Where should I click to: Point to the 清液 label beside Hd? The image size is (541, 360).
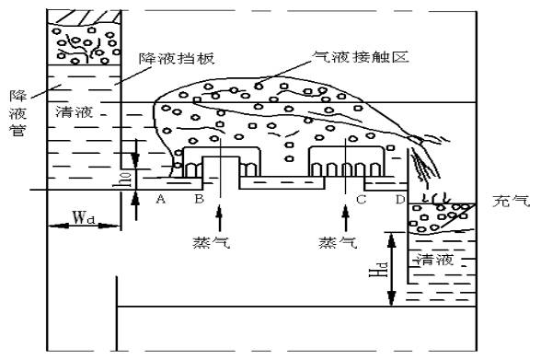tap(432, 260)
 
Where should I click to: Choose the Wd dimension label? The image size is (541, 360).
tap(83, 219)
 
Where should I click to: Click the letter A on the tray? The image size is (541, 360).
tap(162, 199)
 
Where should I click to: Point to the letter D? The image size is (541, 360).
tap(399, 199)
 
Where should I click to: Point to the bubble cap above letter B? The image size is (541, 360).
tap(219, 160)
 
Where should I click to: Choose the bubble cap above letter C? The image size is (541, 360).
tap(346, 160)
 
